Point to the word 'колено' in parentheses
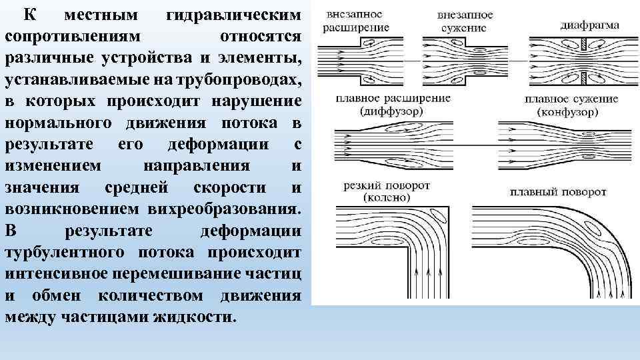tap(387, 197)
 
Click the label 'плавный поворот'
tap(558, 192)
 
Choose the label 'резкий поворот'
tap(387, 185)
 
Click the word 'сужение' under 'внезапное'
tap(466, 27)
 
